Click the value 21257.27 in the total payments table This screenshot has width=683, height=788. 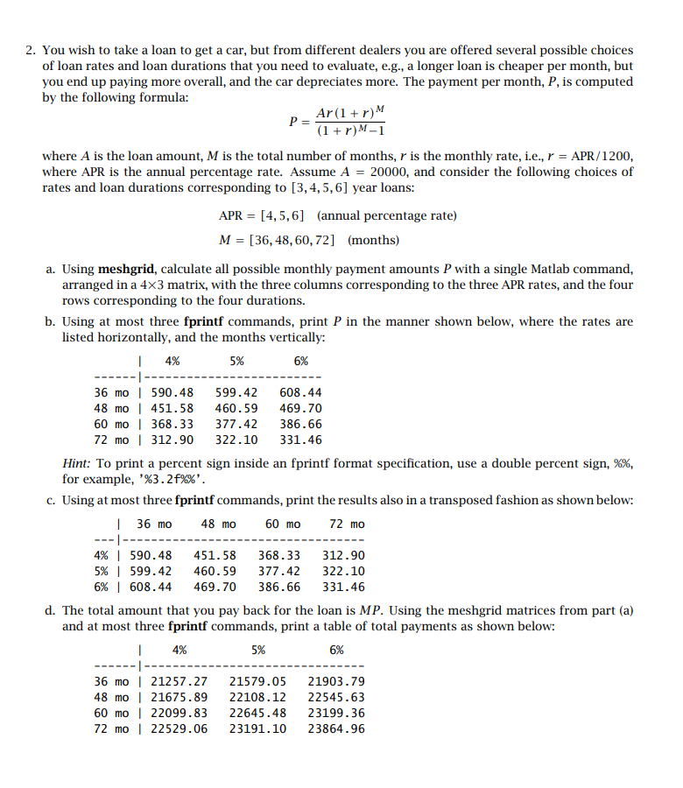tap(180, 681)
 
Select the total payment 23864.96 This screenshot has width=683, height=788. tap(336, 728)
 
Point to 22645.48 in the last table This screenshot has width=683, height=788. tap(257, 713)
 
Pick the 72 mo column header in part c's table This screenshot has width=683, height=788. tap(347, 524)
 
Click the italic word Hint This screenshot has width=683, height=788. tap(76, 464)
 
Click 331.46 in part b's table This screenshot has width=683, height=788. tap(300, 440)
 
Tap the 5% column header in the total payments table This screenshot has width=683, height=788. tap(258, 650)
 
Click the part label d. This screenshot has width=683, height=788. tap(50, 609)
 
